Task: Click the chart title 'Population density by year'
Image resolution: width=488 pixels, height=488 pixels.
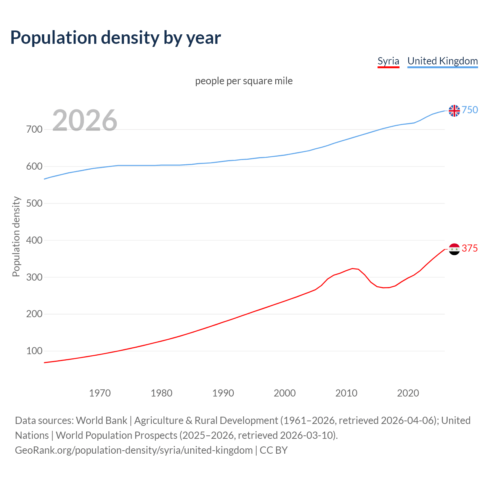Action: coord(116,37)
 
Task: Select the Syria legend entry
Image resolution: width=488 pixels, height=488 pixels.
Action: coord(388,61)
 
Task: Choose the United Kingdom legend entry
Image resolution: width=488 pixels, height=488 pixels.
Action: coord(442,61)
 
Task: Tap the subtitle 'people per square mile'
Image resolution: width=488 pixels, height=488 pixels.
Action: coord(244,81)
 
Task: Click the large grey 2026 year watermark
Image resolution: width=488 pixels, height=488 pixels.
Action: coord(85,120)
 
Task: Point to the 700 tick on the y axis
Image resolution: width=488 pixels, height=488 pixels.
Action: coord(34,130)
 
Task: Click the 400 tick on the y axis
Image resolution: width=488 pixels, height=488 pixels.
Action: coord(34,240)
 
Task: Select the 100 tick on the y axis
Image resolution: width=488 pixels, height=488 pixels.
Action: coord(34,351)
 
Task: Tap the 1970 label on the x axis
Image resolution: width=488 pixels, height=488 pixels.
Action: coord(100,393)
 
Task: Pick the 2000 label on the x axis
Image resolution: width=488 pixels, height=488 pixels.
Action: coord(284,393)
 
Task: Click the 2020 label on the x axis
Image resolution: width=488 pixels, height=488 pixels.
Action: coord(408,393)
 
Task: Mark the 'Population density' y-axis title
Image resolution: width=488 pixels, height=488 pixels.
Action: coord(16,236)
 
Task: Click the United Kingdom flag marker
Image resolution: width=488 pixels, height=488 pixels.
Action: coord(454,111)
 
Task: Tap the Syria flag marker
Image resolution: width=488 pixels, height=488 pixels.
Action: coord(454,249)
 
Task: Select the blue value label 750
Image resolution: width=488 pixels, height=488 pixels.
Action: coord(470,110)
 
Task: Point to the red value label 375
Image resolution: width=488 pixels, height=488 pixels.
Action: coord(470,248)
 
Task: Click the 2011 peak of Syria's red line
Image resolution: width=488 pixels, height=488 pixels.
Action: coord(352,268)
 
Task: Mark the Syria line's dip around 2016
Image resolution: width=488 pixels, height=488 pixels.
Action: coord(384,287)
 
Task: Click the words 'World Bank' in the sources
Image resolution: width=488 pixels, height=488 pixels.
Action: coord(101,421)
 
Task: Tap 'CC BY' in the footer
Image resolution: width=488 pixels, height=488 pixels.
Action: coord(273,450)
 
